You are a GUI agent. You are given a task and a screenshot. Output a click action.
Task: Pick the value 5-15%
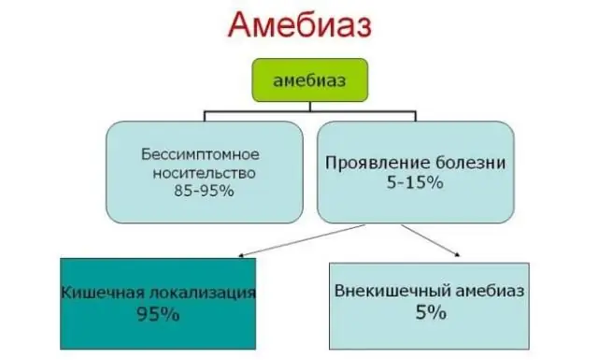point(416,182)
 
